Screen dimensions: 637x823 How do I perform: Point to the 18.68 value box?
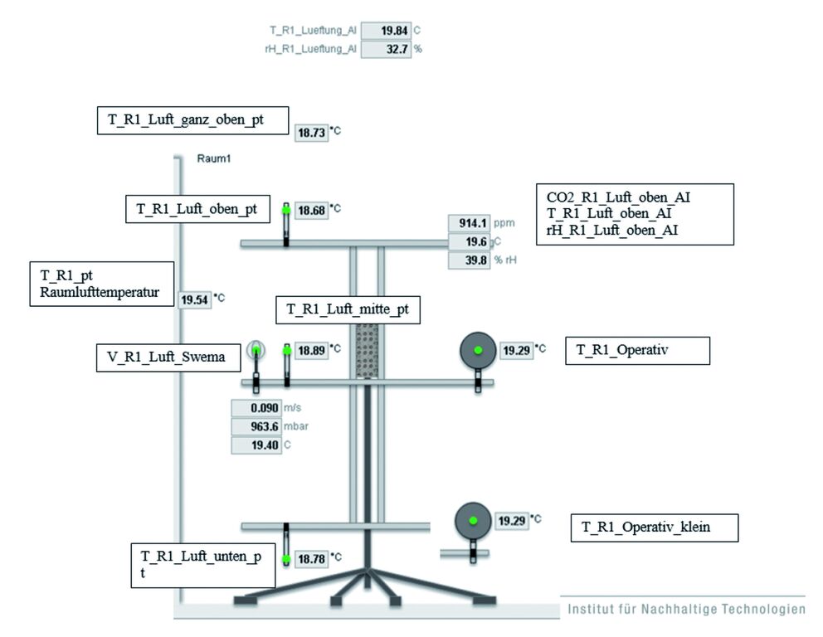tap(311, 210)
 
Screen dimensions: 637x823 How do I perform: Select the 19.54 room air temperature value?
tap(195, 299)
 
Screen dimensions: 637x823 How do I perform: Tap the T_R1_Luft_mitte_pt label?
tap(348, 309)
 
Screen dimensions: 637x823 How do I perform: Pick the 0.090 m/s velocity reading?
tap(256, 408)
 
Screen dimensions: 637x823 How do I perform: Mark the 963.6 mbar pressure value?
tap(256, 427)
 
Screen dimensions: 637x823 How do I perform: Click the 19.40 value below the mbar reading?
tap(256, 445)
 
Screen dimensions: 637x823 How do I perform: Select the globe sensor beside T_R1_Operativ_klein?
tap(474, 521)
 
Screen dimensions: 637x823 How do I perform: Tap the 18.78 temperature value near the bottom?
tap(311, 559)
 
